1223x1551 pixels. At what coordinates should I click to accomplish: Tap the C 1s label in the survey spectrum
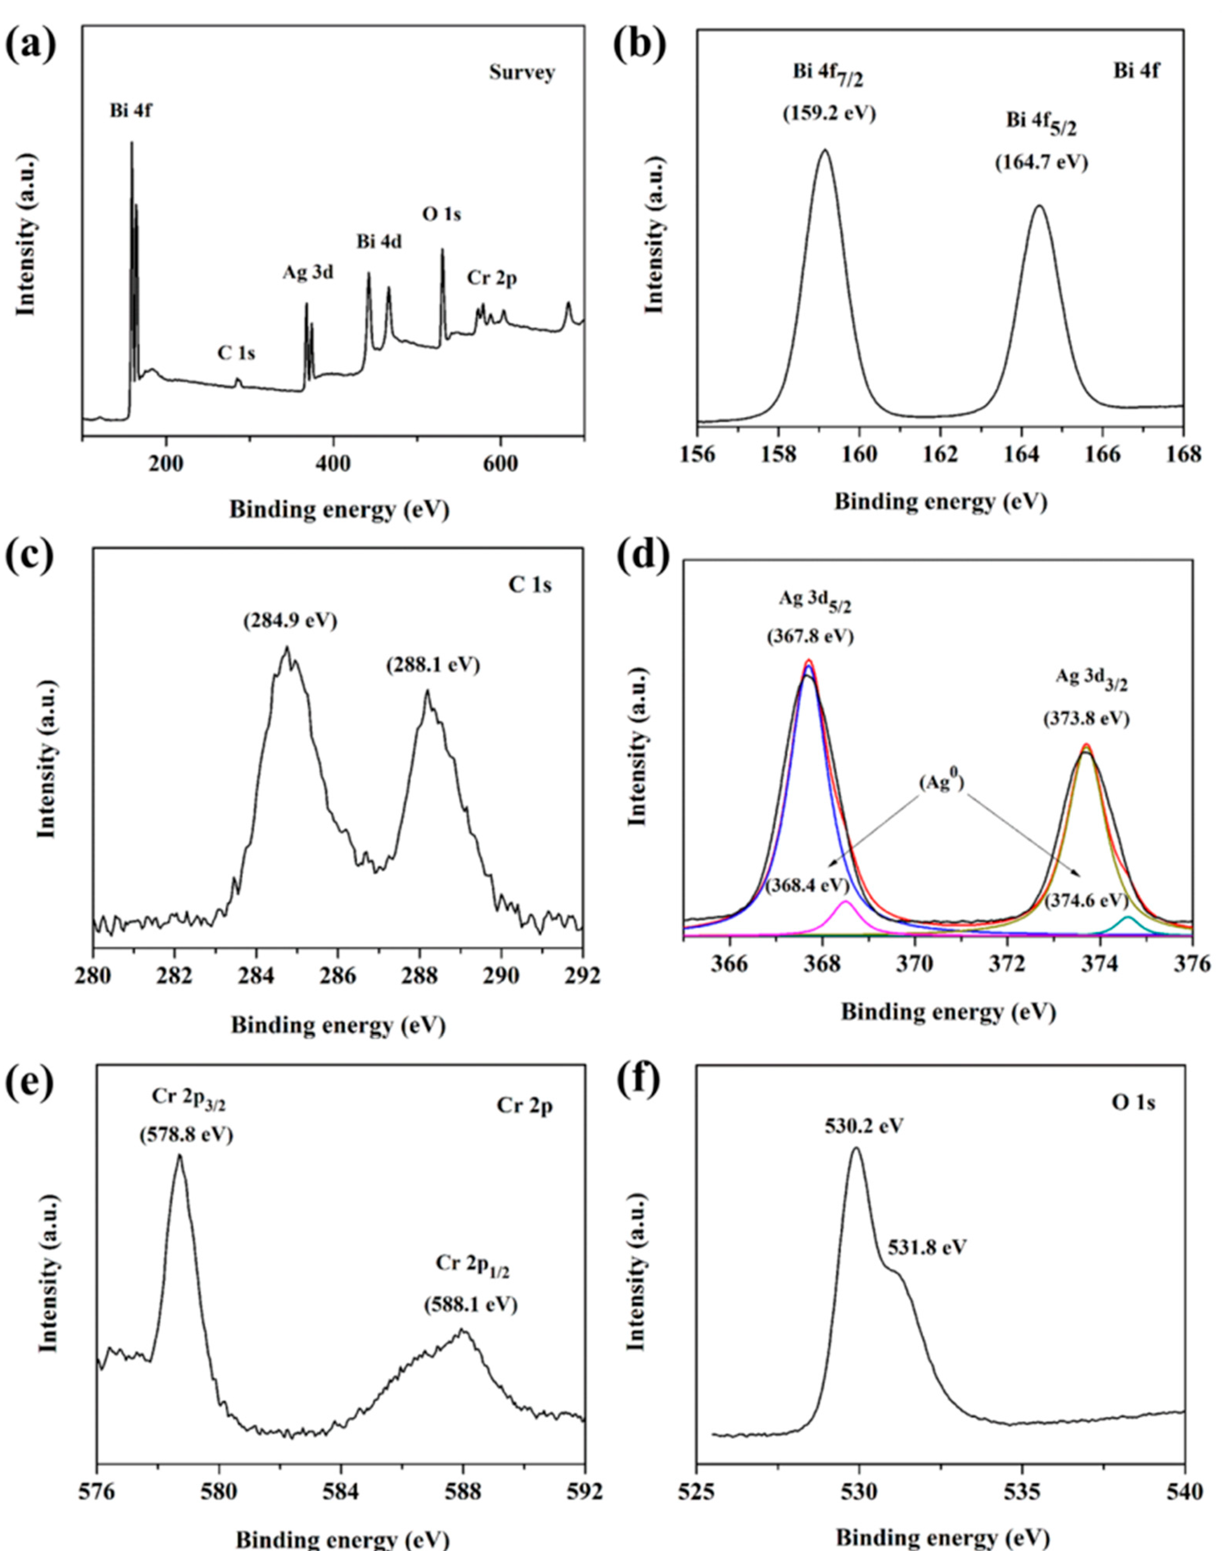236,353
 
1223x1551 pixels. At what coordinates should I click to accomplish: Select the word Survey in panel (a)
522,73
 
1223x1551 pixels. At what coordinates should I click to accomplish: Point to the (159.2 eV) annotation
829,114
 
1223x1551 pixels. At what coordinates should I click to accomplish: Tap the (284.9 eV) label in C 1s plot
290,621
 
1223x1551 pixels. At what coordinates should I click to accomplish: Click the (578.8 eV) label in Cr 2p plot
186,1135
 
